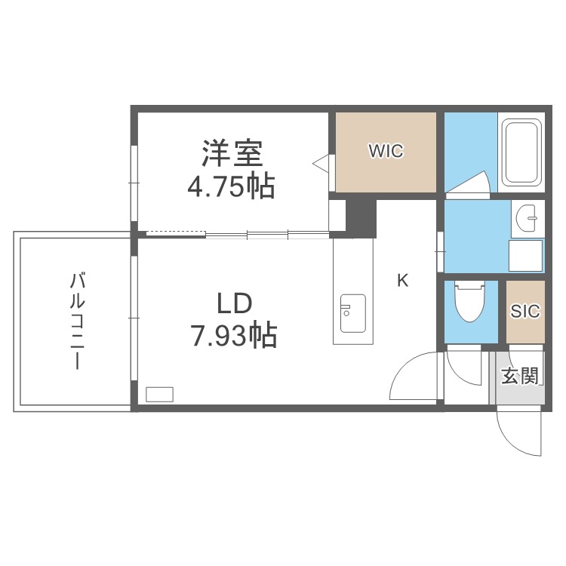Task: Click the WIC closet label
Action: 386,151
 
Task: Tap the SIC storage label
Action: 524,312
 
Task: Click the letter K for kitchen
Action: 403,281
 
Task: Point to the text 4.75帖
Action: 231,186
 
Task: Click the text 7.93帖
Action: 233,334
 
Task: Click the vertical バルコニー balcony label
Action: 76,321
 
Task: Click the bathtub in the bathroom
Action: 521,154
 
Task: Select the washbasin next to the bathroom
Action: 528,217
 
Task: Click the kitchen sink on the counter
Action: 352,312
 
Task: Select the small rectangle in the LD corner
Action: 159,393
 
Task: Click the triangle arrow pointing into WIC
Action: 320,163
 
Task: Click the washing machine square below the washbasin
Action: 525,254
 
